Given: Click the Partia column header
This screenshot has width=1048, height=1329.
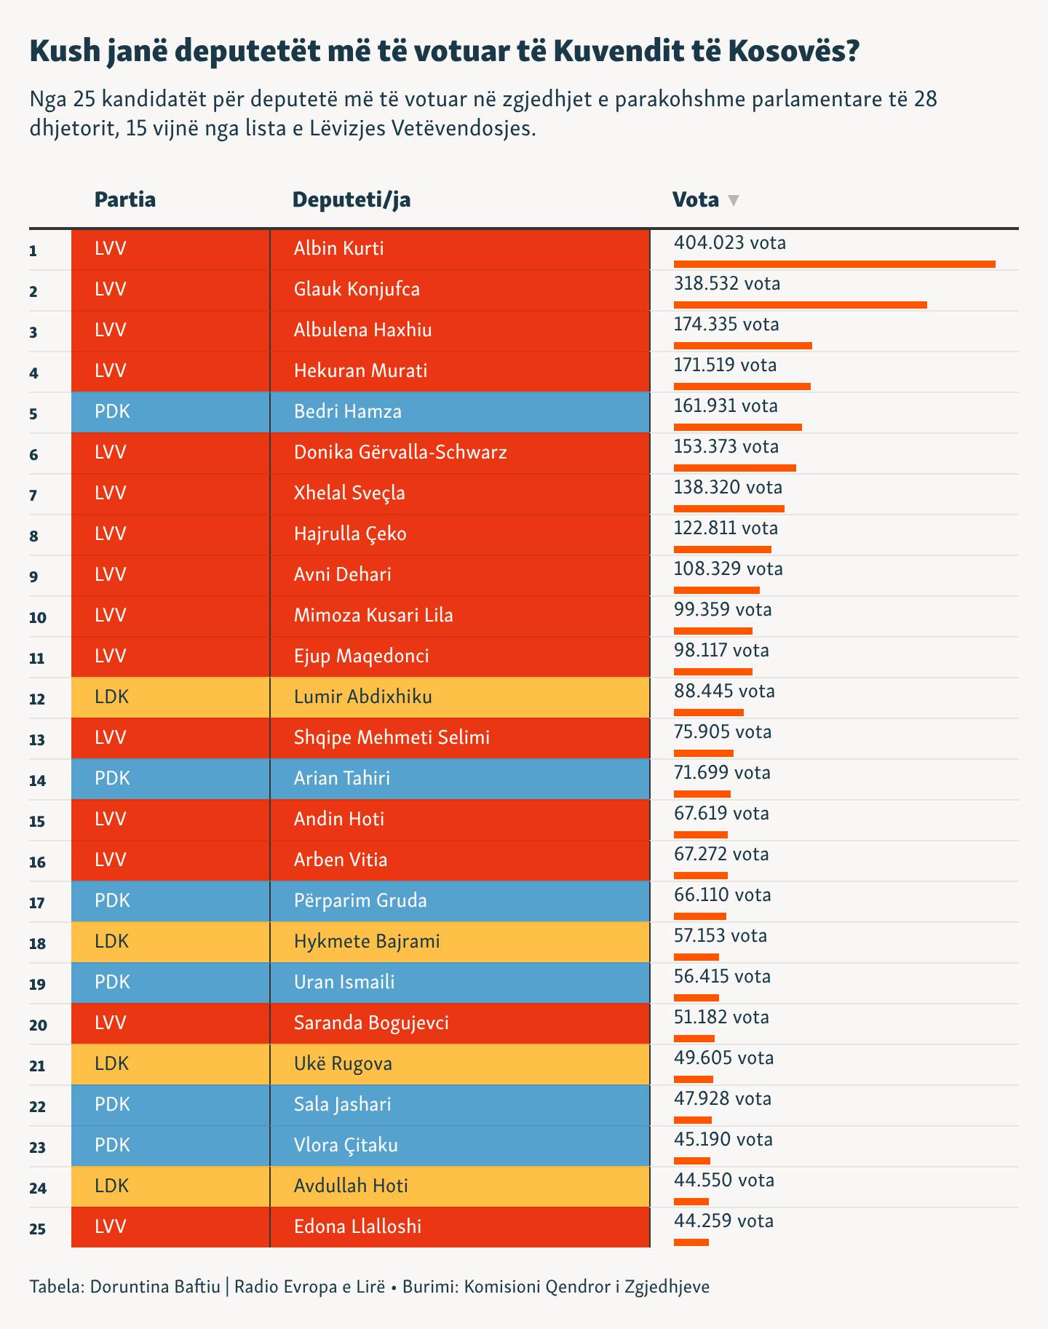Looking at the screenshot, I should [x=125, y=199].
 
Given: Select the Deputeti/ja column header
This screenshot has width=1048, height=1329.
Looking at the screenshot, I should [x=352, y=199].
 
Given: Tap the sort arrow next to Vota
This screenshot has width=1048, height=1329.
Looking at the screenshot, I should [x=734, y=200].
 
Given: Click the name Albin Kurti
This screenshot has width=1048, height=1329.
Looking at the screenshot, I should [x=338, y=248].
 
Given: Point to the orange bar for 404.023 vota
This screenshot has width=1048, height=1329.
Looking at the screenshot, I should [x=834, y=263].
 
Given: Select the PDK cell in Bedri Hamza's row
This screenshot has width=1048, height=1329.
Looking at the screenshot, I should [x=113, y=411].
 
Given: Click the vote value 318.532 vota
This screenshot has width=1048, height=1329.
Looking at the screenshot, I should [x=726, y=283].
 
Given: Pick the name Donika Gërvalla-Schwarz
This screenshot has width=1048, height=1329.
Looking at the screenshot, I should [x=400, y=452].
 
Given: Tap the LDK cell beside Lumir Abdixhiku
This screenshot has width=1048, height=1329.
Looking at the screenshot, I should [x=112, y=697].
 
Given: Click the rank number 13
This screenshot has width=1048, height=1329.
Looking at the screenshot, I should [x=37, y=739].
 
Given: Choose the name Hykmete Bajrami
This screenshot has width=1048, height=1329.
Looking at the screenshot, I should [x=367, y=941].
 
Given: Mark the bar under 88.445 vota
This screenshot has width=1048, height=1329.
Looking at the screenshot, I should [x=708, y=712].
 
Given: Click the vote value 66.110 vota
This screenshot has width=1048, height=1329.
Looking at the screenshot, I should [x=722, y=894].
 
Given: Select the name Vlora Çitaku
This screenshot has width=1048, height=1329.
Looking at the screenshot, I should [x=346, y=1145].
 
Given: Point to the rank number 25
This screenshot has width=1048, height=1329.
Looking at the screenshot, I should [x=37, y=1229].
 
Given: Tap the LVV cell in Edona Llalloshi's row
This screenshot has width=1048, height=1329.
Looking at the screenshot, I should [x=111, y=1226].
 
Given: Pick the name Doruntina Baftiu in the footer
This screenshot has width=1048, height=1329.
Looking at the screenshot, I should [x=155, y=1286].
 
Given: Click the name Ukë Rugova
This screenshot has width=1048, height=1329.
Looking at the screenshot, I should [x=343, y=1063].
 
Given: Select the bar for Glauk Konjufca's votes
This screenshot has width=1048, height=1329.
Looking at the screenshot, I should [x=800, y=304].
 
